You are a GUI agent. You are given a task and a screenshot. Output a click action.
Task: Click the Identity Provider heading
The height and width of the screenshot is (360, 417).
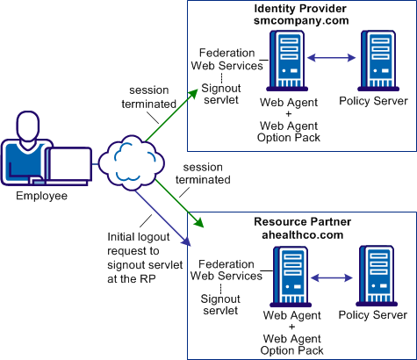click(300, 8)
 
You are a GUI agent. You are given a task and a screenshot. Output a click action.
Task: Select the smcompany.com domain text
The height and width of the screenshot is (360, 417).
click(300, 21)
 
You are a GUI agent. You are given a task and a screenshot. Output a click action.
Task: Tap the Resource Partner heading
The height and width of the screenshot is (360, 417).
click(300, 222)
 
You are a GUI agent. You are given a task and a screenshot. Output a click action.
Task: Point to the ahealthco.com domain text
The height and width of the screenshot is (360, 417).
click(300, 235)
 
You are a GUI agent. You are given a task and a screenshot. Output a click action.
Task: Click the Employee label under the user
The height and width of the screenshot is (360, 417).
click(41, 195)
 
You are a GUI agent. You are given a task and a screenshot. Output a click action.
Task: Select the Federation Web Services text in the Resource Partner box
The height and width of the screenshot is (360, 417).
click(231, 270)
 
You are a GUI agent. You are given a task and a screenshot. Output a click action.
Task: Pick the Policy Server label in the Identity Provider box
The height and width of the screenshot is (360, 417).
click(378, 100)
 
